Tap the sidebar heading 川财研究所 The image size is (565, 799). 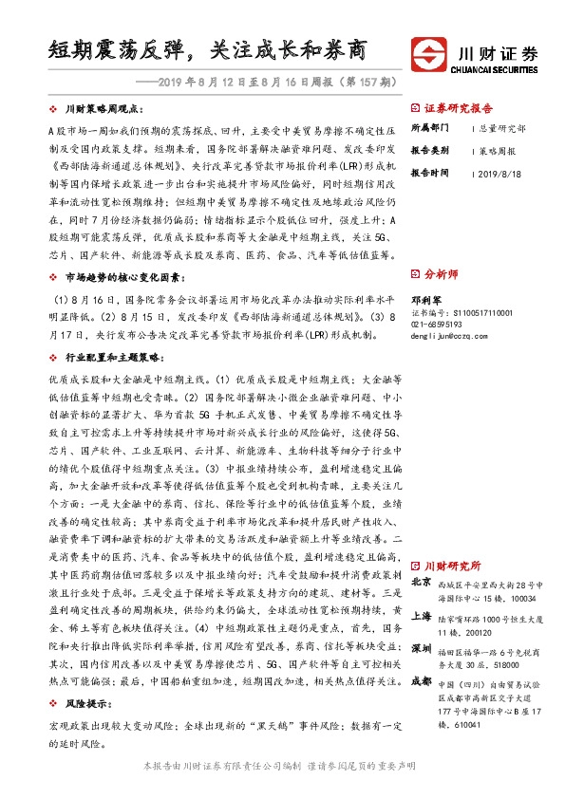tap(453, 564)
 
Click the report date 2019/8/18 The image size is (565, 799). tap(502, 174)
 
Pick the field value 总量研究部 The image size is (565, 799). tap(504, 126)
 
